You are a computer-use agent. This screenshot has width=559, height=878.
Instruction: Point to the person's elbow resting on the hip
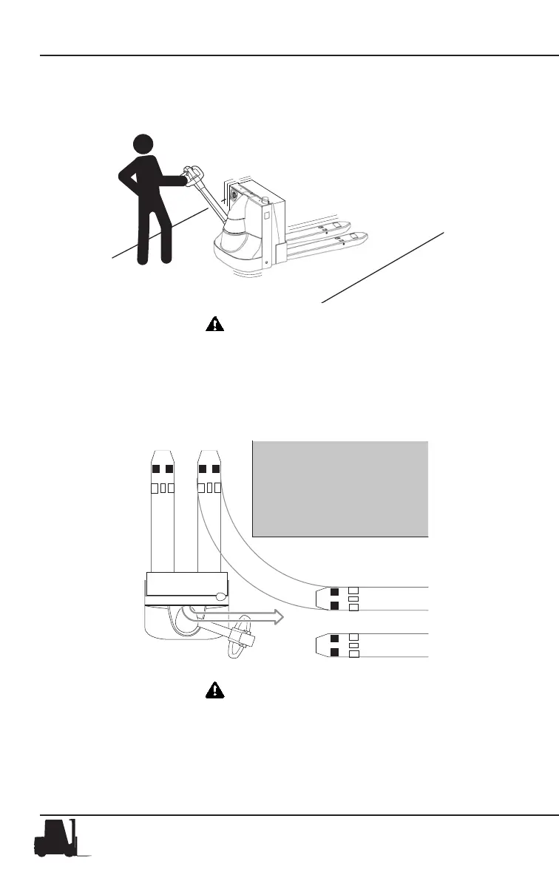tap(123, 176)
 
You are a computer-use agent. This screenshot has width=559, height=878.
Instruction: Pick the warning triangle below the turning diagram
tap(214, 690)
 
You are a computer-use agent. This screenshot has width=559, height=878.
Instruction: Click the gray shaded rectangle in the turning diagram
tap(340, 488)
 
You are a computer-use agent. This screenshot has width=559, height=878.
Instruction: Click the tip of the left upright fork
tap(162, 452)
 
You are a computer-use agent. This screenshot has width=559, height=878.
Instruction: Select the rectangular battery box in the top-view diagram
tap(186, 584)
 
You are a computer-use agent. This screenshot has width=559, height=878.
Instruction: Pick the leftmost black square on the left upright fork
tap(156, 469)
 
